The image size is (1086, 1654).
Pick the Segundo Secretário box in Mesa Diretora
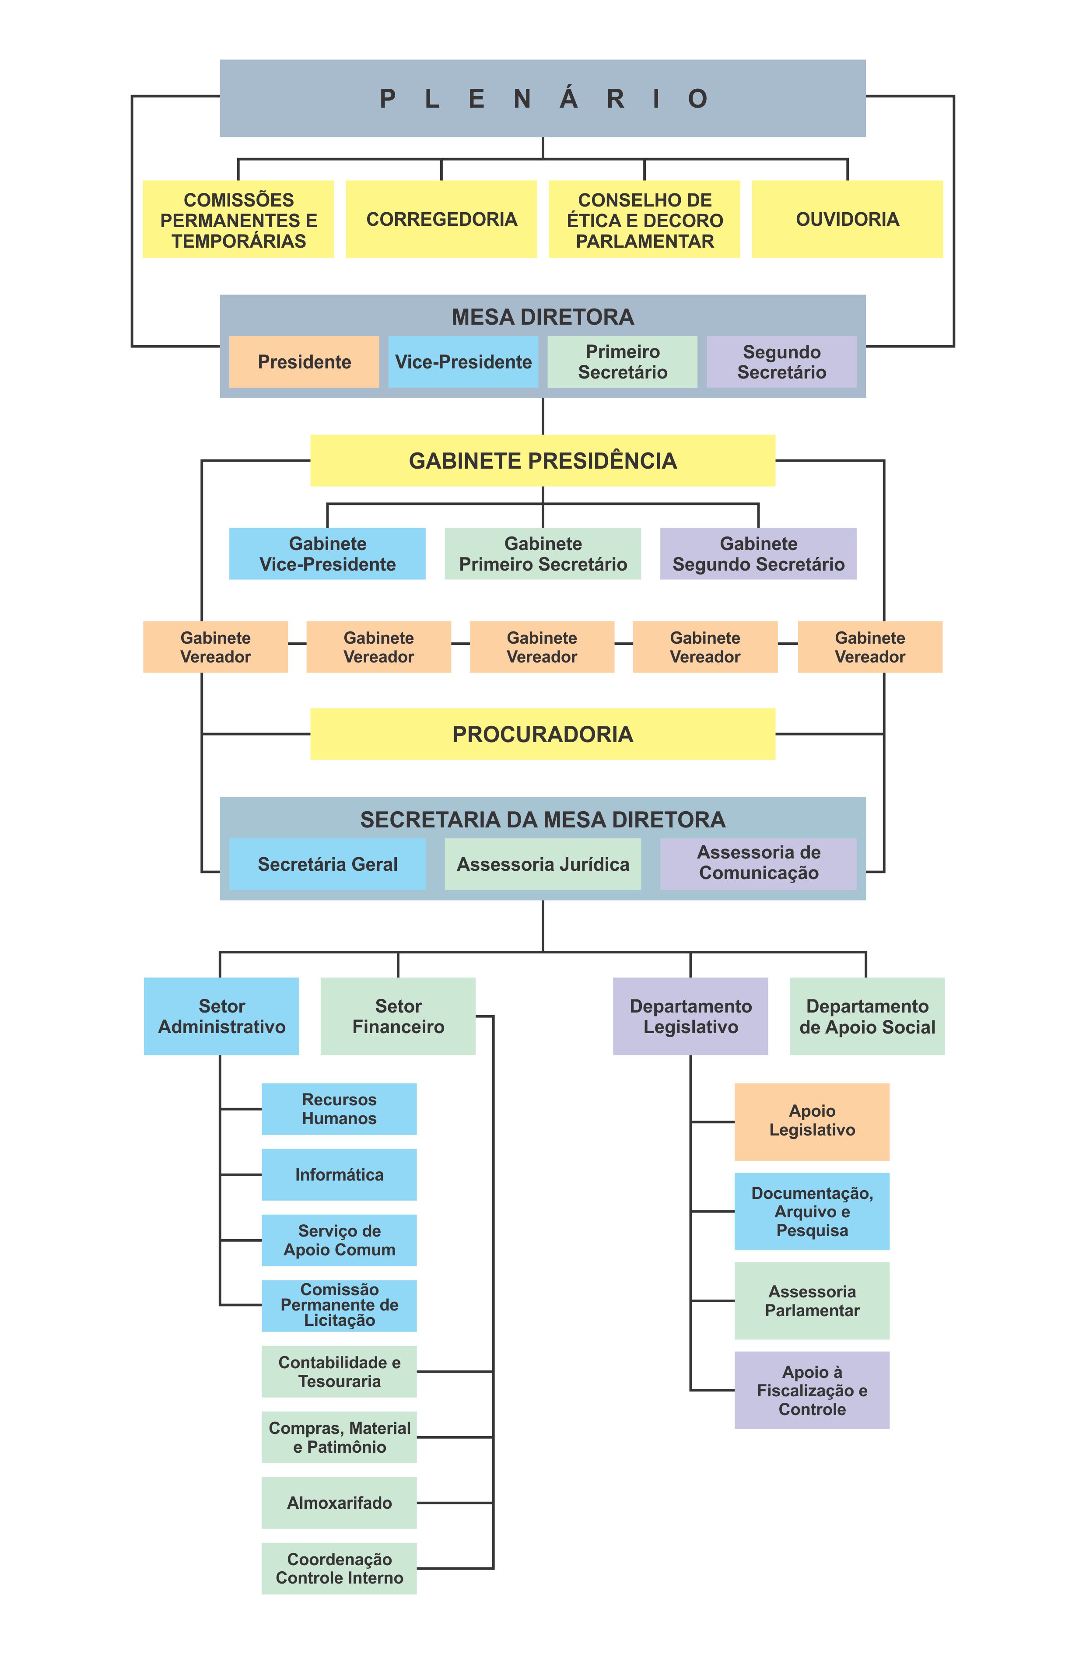point(781,361)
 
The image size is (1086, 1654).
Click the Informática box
point(339,1174)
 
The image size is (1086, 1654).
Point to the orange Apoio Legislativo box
point(812,1121)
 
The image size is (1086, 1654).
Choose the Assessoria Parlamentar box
point(812,1300)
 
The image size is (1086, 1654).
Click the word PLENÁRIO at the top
point(543,99)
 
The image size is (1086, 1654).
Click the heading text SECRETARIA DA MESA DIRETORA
point(543,820)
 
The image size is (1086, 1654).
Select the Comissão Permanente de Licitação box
point(339,1305)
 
